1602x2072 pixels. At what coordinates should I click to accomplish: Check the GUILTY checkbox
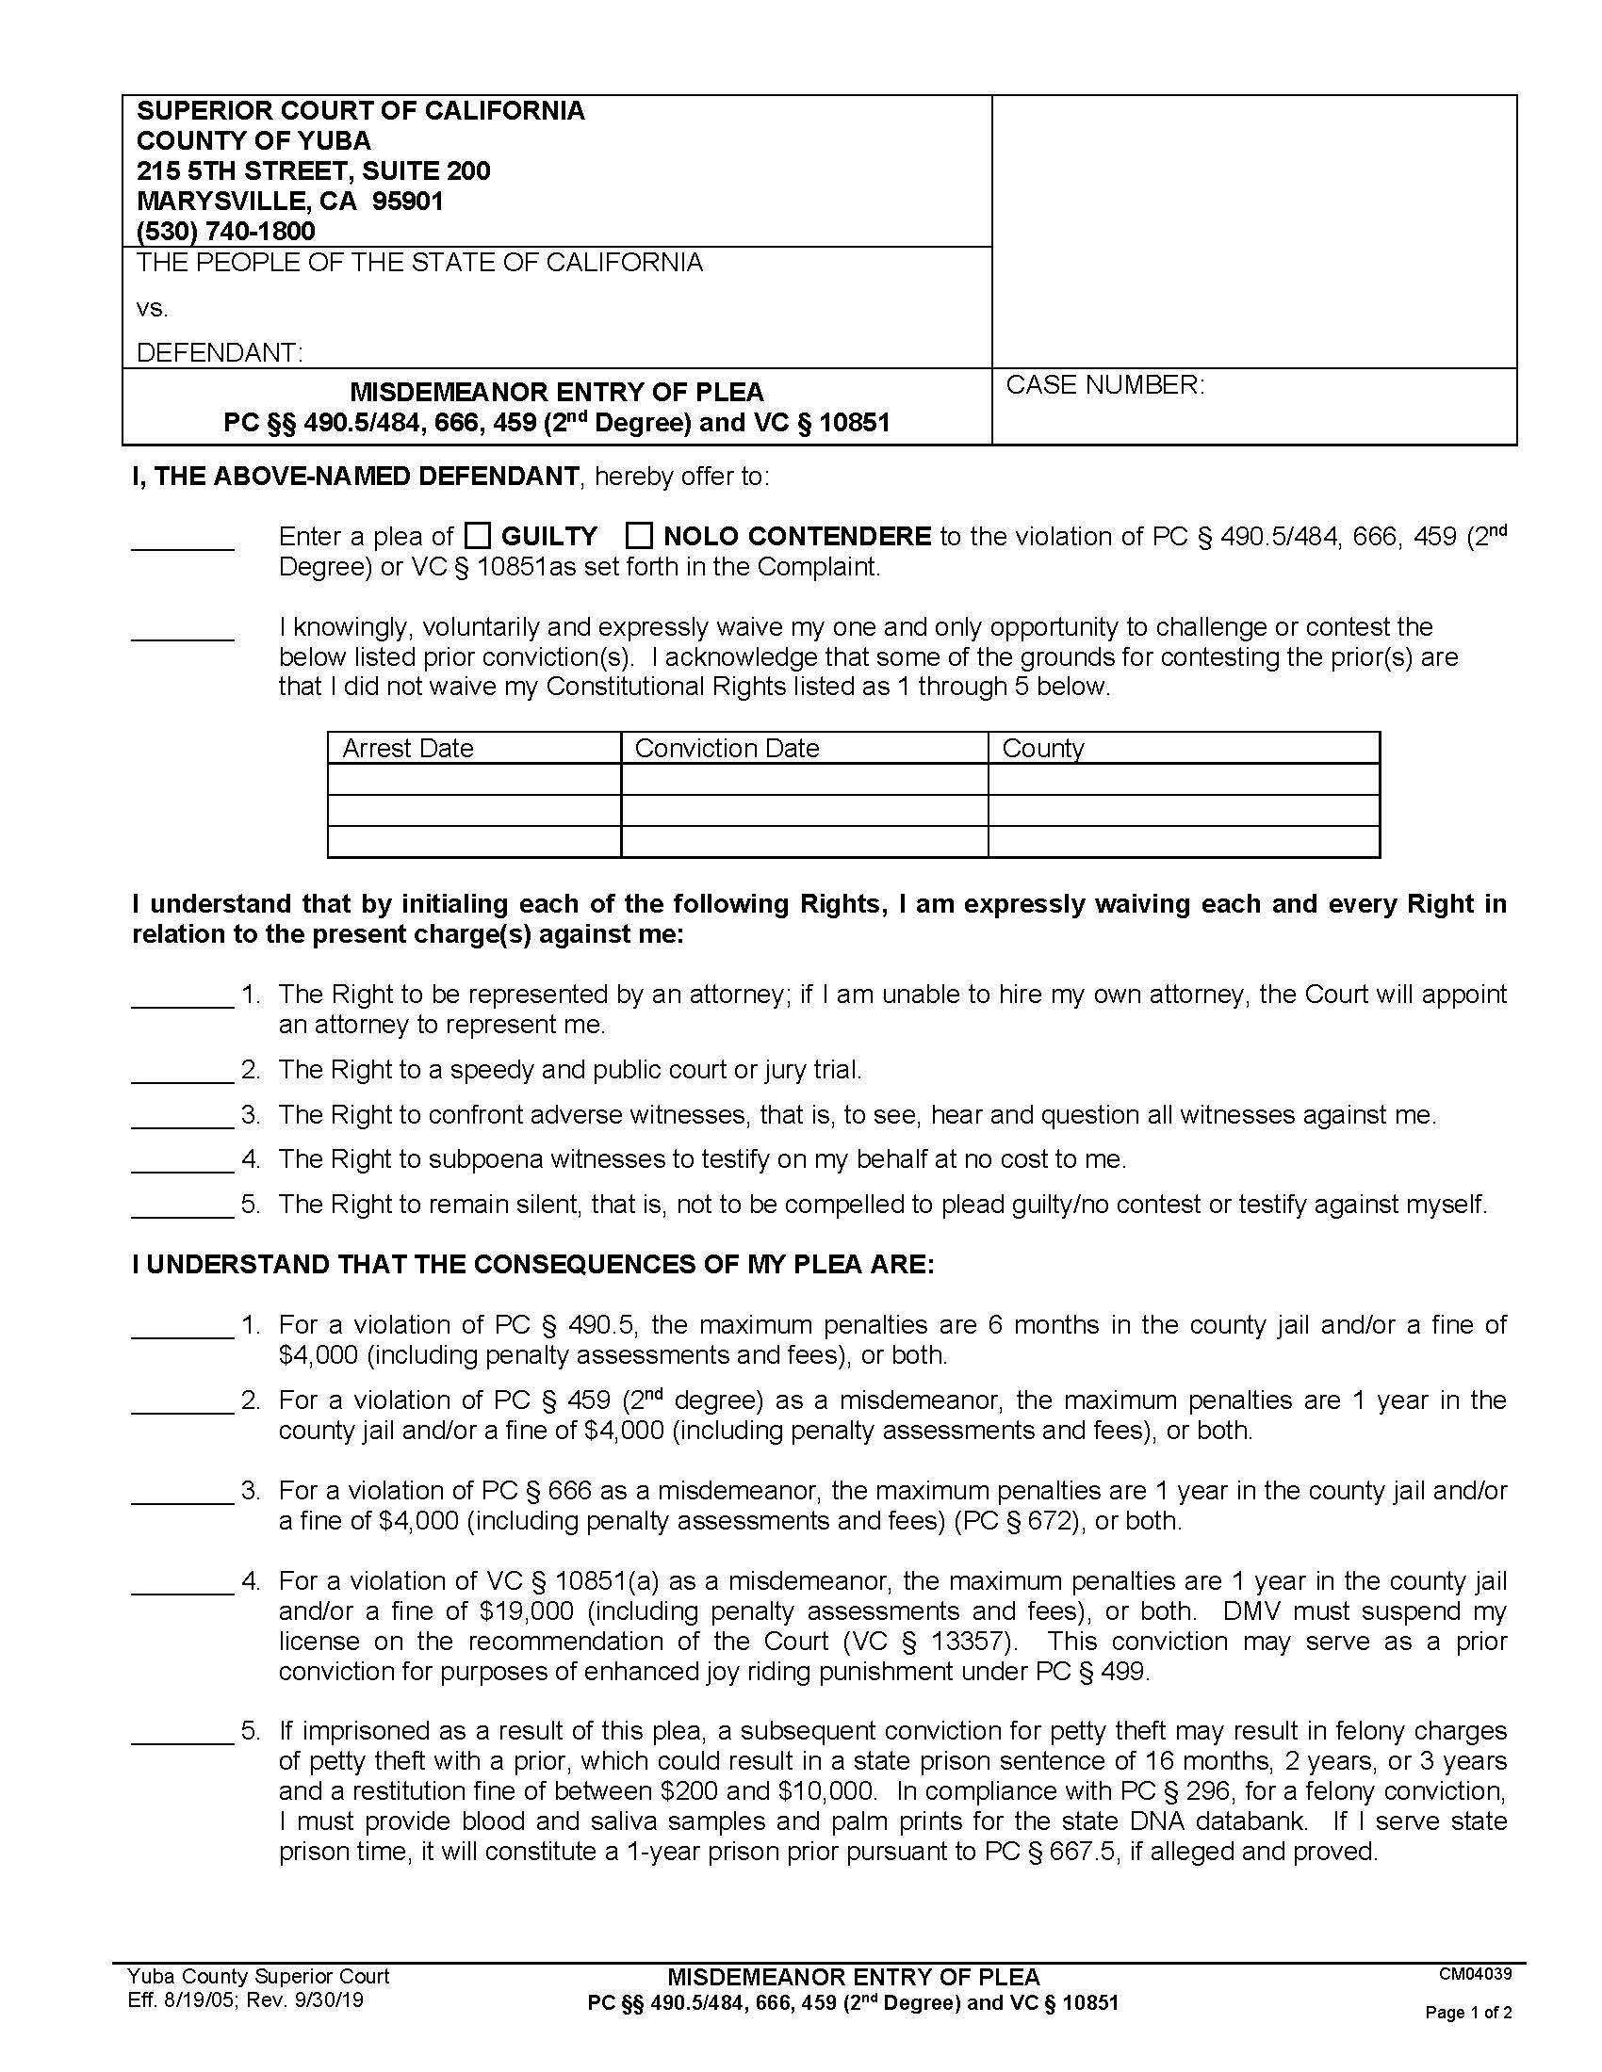(478, 536)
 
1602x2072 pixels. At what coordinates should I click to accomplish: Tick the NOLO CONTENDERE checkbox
(640, 536)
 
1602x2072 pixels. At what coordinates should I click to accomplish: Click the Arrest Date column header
(408, 749)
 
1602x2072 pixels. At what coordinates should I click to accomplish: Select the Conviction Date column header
(726, 749)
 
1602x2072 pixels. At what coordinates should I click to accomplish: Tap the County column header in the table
(1042, 749)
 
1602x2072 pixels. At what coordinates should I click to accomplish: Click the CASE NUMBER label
(1104, 385)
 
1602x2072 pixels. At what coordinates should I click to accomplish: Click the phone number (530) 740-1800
(226, 231)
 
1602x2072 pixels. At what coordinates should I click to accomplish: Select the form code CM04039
(1475, 1975)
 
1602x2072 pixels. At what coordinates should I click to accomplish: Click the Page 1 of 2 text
(1468, 2013)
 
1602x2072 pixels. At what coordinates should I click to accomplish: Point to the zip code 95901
(408, 202)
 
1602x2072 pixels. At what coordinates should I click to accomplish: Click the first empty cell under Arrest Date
(474, 780)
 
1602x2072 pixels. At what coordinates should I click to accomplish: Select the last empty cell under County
(1183, 841)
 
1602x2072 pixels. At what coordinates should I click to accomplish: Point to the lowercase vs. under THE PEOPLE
(152, 309)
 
